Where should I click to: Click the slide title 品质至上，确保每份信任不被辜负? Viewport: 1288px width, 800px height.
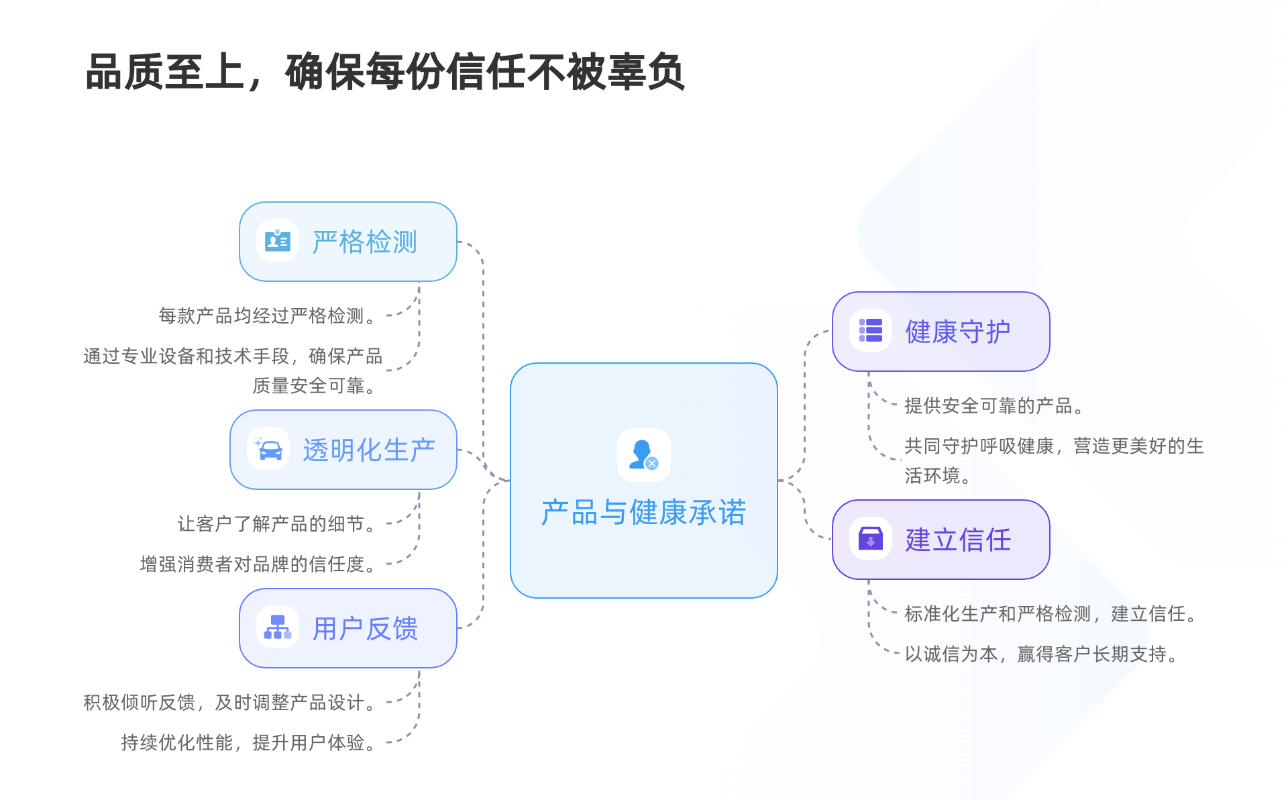[385, 72]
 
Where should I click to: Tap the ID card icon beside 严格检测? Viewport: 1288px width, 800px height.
[277, 241]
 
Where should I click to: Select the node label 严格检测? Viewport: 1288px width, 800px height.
[365, 242]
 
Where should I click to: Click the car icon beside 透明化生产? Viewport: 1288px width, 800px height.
[268, 449]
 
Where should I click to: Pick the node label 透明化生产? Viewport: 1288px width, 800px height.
[369, 450]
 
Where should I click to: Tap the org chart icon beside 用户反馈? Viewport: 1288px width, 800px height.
[277, 628]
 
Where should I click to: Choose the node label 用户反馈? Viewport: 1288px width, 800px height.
[365, 629]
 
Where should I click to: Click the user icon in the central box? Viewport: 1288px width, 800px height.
[643, 455]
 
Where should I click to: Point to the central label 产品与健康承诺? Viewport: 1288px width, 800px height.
[643, 513]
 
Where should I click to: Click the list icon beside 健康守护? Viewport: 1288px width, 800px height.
[870, 331]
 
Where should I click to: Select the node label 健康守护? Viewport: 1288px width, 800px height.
[958, 332]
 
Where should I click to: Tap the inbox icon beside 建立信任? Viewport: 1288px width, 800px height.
[870, 539]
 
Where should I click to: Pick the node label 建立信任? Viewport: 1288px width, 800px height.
[958, 540]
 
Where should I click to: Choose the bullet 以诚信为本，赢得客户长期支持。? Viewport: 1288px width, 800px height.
[1041, 654]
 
